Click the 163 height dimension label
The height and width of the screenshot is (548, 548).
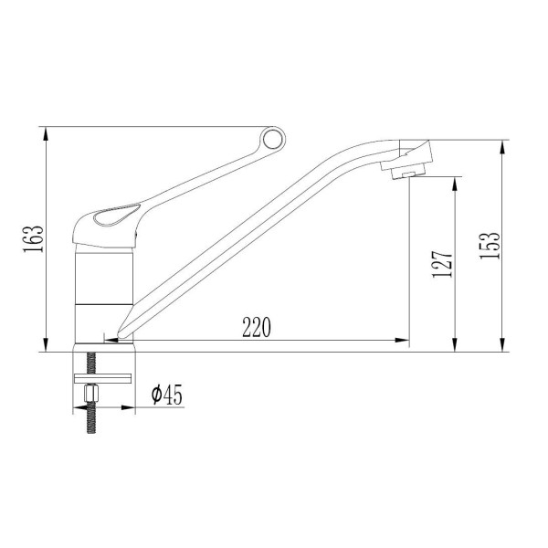(34, 239)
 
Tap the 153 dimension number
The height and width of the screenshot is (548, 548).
(490, 246)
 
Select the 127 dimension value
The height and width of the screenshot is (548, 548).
(442, 264)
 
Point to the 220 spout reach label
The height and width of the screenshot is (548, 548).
(257, 327)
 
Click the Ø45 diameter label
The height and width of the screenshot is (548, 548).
(167, 395)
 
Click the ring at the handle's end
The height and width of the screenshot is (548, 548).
(272, 140)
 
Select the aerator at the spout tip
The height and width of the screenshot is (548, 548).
(408, 172)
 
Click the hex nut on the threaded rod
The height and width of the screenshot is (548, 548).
(91, 393)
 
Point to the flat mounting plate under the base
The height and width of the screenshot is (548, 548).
(102, 378)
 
